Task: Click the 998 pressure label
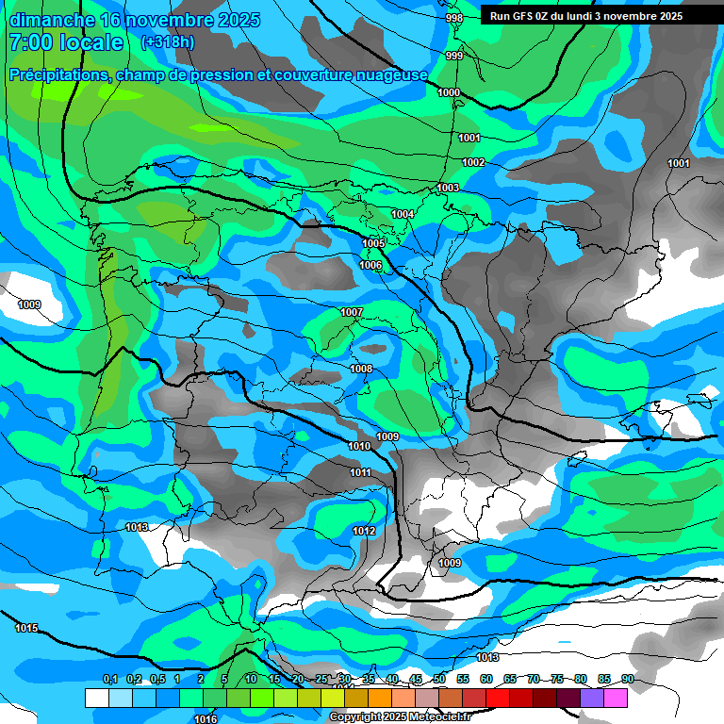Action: [454, 19]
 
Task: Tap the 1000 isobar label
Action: [449, 92]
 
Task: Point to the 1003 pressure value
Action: [448, 189]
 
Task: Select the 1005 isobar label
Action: [373, 244]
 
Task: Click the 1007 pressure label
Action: [352, 312]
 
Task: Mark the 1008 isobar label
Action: [361, 369]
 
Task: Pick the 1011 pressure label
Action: [360, 472]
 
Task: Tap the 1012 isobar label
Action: [365, 532]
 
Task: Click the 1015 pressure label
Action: [26, 628]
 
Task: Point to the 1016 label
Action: [206, 719]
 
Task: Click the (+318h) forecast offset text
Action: [168, 42]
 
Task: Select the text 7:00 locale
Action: [66, 42]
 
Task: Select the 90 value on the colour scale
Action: [627, 679]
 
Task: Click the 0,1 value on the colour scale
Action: [110, 679]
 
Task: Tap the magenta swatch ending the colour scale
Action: [616, 698]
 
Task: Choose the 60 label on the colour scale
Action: [486, 679]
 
